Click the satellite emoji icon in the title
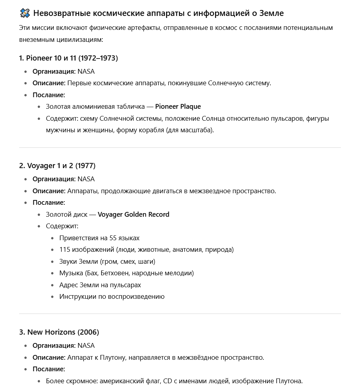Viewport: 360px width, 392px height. (25, 13)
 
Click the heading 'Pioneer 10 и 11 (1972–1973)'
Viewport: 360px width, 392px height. (68, 58)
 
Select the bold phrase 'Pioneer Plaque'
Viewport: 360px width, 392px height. (178, 106)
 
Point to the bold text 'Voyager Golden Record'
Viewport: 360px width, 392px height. (133, 214)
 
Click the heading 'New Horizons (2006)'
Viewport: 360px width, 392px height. (59, 332)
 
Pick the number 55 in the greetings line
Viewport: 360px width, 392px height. (113, 238)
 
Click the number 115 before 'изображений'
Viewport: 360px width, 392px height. (65, 249)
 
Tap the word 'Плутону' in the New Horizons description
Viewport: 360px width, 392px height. (113, 357)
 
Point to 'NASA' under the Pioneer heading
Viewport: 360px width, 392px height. (86, 72)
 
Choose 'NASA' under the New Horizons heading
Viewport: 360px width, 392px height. (86, 345)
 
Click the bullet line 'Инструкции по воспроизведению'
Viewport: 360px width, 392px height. (112, 296)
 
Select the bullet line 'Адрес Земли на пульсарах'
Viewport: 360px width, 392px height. (100, 285)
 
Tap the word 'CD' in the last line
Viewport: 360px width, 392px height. (168, 381)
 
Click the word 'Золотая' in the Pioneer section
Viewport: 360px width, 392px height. (58, 106)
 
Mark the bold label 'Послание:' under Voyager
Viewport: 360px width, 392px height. (49, 202)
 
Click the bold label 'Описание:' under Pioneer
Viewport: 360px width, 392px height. (49, 83)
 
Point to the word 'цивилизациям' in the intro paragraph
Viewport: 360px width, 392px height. (80, 40)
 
